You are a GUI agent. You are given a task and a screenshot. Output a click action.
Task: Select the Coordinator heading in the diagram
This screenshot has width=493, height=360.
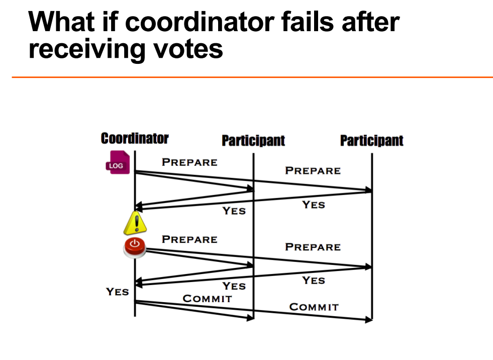point(135,138)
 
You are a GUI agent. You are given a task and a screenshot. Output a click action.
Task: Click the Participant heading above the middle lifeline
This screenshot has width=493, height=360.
point(253,140)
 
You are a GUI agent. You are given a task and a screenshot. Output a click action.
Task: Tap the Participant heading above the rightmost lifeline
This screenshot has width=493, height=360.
point(371,140)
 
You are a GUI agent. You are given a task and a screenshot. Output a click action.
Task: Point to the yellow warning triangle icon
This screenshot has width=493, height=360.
point(135,224)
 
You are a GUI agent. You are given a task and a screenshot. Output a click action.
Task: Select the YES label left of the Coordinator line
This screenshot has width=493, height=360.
point(117,292)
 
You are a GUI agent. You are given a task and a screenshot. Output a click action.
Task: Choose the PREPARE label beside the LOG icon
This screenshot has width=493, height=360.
point(189,162)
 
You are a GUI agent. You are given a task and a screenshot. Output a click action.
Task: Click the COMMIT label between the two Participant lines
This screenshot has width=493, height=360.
point(314,307)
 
